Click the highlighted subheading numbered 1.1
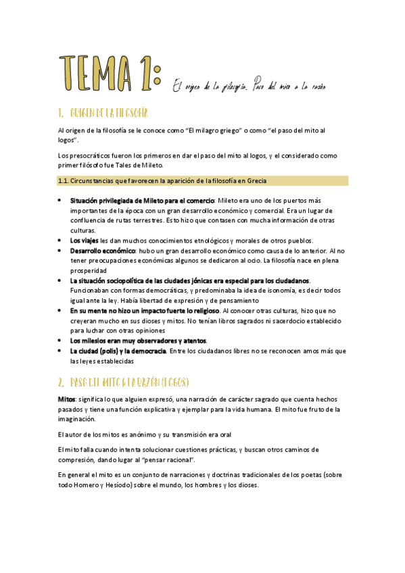[x=162, y=180]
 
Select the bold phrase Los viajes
[x=84, y=240]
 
